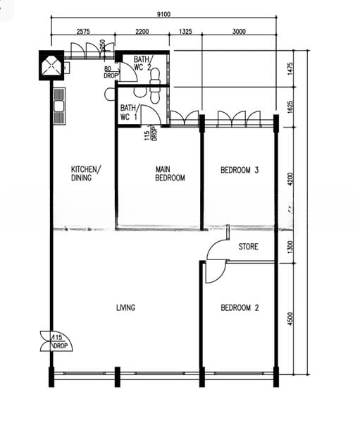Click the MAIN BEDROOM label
[170, 173]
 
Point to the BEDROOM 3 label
[240, 170]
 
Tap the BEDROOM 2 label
[240, 307]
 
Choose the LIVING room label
[125, 307]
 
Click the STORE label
[248, 247]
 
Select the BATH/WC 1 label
[129, 112]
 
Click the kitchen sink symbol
[58, 106]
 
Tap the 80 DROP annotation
[111, 73]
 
